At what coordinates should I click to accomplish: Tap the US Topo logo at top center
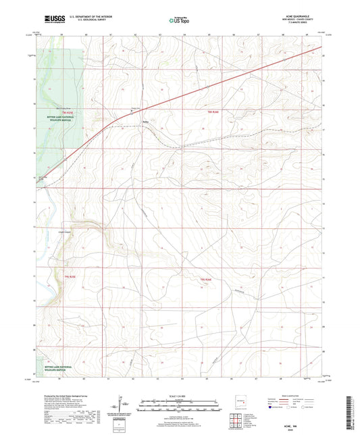tap(180, 20)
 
